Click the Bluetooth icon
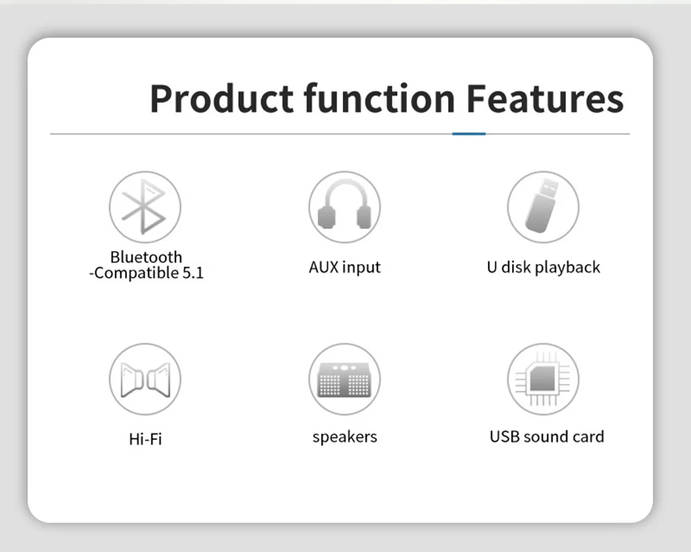144,207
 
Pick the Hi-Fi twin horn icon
145,380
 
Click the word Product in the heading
222,99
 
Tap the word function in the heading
379,98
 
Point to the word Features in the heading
545,98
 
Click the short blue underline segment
469,134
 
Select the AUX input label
344,268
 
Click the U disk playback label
543,268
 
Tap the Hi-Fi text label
145,439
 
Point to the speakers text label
345,437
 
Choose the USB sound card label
547,436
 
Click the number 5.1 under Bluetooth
193,273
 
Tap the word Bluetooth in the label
146,257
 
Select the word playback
567,268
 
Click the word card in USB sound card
588,436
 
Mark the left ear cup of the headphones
326,217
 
